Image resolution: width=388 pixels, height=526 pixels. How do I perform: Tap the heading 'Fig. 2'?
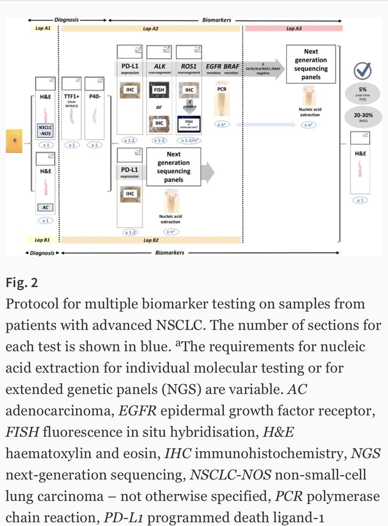[x=21, y=283]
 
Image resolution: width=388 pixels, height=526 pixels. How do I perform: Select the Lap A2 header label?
[x=150, y=28]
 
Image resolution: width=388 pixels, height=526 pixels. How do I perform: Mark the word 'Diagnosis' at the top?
[x=66, y=20]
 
